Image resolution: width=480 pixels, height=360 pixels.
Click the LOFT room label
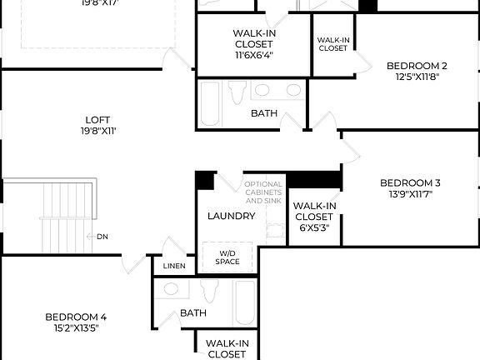97,119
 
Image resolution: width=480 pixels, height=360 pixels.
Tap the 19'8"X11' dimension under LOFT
97,131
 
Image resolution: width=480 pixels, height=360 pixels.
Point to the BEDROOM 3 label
409,182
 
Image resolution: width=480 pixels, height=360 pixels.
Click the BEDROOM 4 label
75,317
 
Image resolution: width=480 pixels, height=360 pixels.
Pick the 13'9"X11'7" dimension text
409,194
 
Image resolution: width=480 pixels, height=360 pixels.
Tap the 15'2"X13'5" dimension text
75,327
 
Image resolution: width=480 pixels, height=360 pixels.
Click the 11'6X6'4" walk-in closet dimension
253,55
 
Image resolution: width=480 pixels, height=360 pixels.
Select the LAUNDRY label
231,216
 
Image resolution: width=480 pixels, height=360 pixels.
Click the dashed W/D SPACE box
228,257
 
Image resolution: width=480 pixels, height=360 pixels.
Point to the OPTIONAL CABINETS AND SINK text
263,192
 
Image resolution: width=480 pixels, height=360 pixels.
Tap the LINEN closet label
174,267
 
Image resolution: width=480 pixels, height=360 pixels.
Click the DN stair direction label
102,237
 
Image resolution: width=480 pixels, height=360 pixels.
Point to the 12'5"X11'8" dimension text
417,77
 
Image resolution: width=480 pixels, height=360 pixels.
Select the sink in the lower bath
171,289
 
